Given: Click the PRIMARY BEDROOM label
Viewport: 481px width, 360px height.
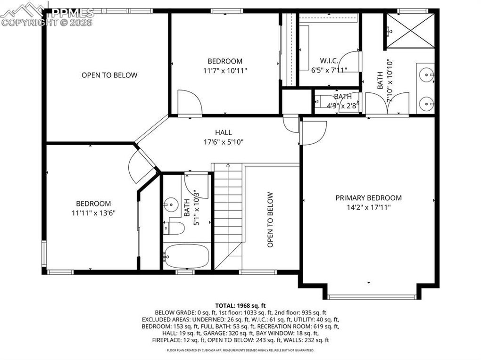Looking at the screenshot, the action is [368, 198].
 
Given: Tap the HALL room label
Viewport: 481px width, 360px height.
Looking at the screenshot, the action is [224, 132].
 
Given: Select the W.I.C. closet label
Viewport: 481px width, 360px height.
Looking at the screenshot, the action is [329, 60].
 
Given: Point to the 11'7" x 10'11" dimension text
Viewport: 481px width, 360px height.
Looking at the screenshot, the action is [225, 71].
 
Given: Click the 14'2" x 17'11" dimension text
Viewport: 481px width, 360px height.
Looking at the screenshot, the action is [368, 207].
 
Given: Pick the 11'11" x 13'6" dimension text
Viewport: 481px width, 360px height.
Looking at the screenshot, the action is [93, 213].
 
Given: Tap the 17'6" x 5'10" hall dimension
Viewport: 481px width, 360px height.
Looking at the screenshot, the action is [224, 142].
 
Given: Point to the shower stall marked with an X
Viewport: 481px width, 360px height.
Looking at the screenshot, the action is [410, 31].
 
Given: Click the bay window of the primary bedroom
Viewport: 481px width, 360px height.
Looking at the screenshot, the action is [372, 297].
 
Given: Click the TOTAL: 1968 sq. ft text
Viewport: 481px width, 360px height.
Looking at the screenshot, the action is [240, 306].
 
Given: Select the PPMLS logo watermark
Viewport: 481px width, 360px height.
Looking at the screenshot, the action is [47, 14].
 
